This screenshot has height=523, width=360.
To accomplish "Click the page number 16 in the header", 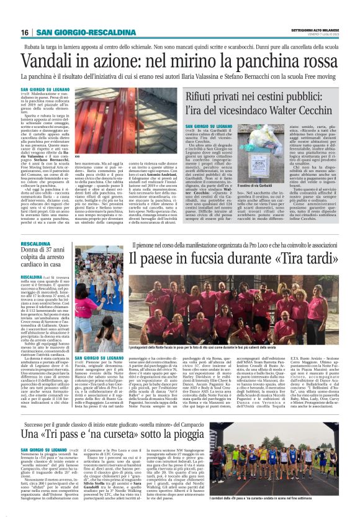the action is coord(25,32).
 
